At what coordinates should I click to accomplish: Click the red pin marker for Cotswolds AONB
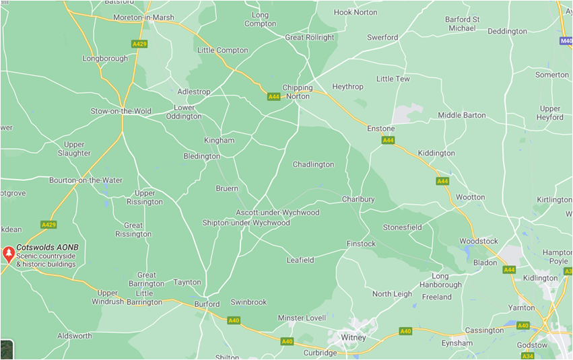pyautogui.click(x=9, y=254)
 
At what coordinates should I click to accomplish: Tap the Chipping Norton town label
pyautogui.click(x=297, y=92)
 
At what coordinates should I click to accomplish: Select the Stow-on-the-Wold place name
pyautogui.click(x=121, y=111)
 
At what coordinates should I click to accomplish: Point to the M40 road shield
pyautogui.click(x=566, y=41)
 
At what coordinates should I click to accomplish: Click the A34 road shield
pyautogui.click(x=527, y=356)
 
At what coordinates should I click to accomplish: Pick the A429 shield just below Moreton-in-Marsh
pyautogui.click(x=139, y=44)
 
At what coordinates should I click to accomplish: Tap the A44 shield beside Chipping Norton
pyautogui.click(x=273, y=97)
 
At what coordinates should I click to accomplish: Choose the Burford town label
pyautogui.click(x=207, y=304)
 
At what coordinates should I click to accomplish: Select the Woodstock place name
pyautogui.click(x=479, y=241)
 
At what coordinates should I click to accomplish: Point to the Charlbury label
pyautogui.click(x=358, y=199)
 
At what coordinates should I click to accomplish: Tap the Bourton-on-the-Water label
pyautogui.click(x=86, y=180)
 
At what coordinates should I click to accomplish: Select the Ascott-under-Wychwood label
pyautogui.click(x=277, y=213)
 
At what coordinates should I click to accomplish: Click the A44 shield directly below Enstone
pyautogui.click(x=388, y=141)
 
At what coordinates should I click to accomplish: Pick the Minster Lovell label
pyautogui.click(x=302, y=318)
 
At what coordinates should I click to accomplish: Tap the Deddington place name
pyautogui.click(x=507, y=32)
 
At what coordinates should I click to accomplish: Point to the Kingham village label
pyautogui.click(x=219, y=141)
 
